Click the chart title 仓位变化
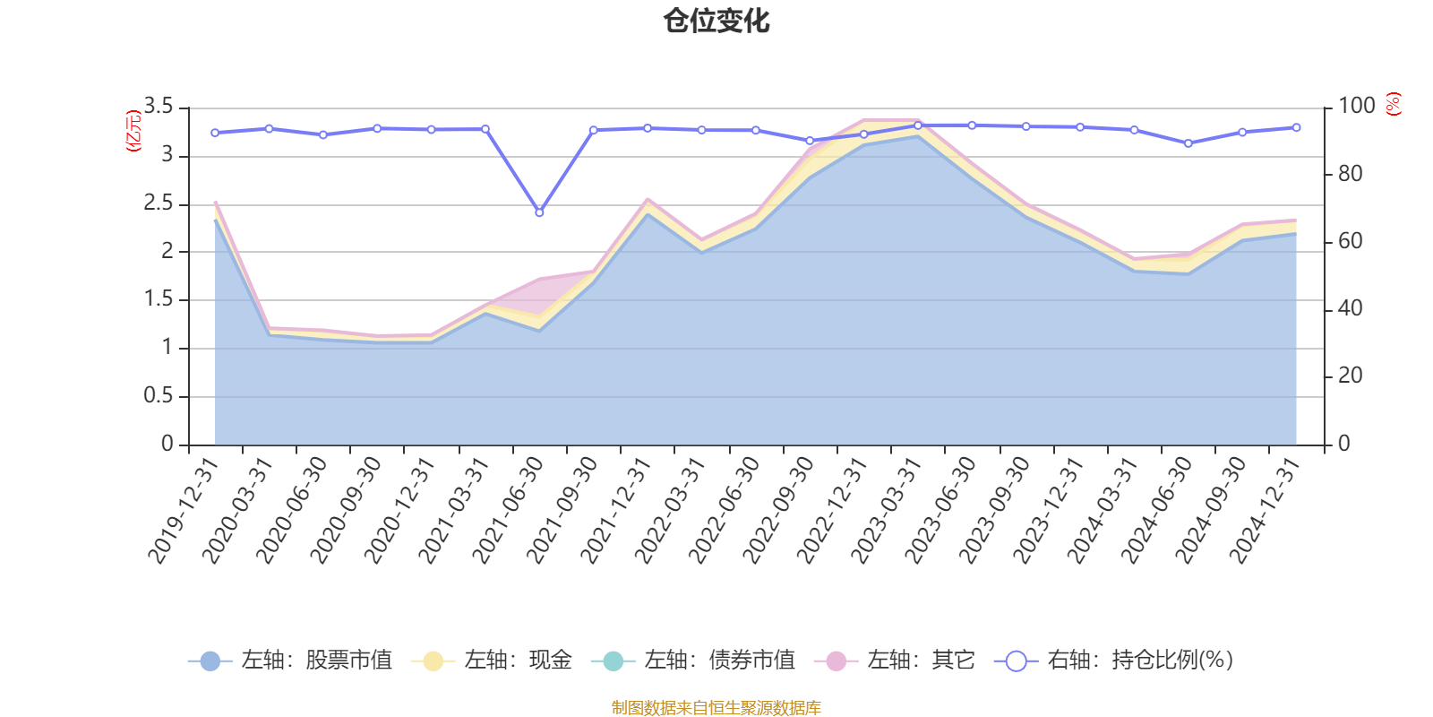tap(716, 20)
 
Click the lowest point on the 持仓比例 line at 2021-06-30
tap(539, 212)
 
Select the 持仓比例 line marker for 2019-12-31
tap(215, 133)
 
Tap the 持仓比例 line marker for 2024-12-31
tap(1296, 127)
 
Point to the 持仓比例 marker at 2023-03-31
tap(918, 125)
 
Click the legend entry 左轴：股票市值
tap(290, 661)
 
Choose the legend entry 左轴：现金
tap(492, 661)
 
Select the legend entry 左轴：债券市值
tap(693, 661)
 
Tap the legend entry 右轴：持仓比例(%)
tap(1114, 661)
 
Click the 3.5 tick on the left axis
tap(158, 107)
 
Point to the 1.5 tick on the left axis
tap(158, 299)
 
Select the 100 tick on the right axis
tap(1356, 106)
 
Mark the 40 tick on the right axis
tap(1350, 308)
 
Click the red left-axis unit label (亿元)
tap(133, 131)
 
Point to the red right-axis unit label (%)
tap(1393, 104)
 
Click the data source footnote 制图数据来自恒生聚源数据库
tap(716, 708)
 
